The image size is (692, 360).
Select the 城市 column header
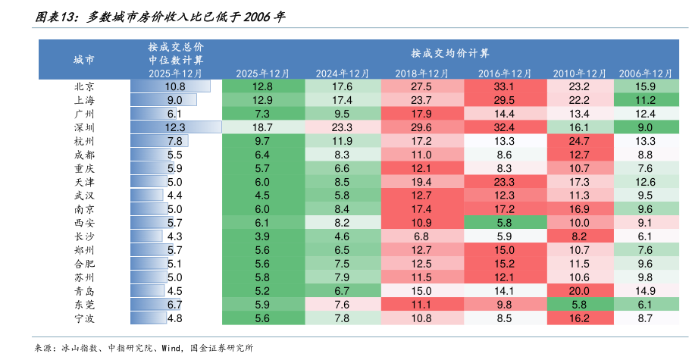pos(84,59)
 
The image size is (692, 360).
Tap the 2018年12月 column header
pos(421,74)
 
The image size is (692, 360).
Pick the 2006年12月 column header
pos(646,74)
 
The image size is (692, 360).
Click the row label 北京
pos(84,86)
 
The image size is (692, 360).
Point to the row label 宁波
pos(84,318)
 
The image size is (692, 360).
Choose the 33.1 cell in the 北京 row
pos(504,86)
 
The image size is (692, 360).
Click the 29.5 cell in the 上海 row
pos(504,100)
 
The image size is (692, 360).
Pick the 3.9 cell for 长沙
pos(263,236)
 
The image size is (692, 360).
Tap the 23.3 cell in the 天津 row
pos(504,182)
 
